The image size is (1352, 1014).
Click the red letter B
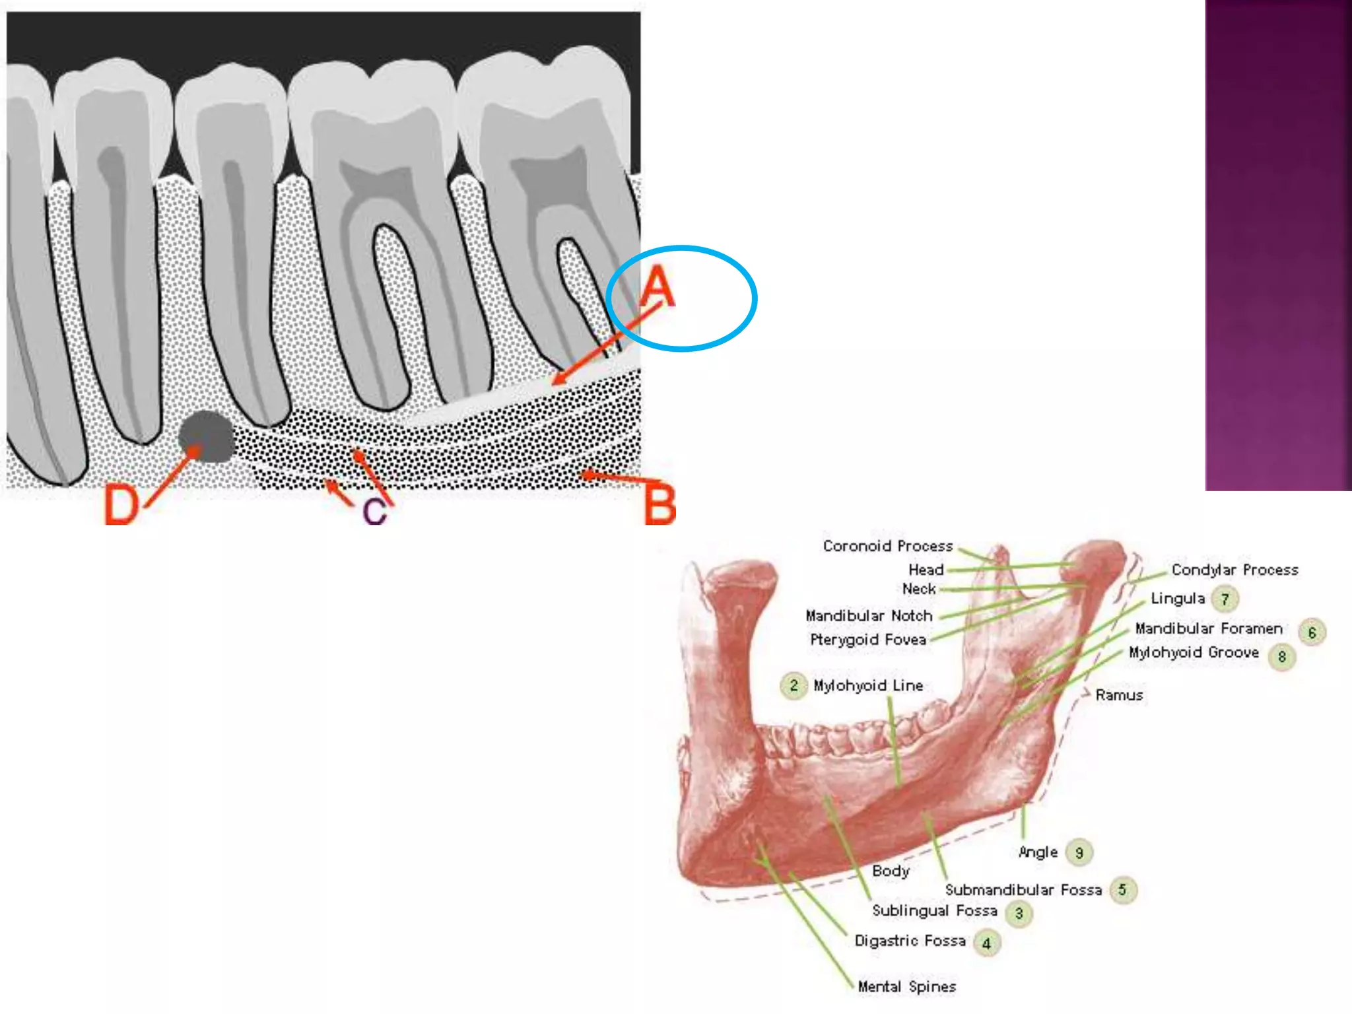tap(659, 504)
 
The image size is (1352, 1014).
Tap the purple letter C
tap(374, 511)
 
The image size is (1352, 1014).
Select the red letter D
tap(121, 504)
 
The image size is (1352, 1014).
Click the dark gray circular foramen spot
tap(206, 436)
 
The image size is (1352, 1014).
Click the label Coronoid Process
tap(887, 546)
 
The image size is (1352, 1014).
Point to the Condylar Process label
tap(1234, 570)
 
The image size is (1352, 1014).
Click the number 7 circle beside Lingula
tap(1225, 599)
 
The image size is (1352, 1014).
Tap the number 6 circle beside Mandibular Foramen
tap(1312, 632)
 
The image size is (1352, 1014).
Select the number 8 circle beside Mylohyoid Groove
tap(1281, 657)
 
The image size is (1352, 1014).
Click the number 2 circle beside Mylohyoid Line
tap(794, 686)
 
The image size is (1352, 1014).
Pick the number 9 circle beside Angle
tap(1079, 853)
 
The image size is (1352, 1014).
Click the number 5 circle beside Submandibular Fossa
tap(1122, 890)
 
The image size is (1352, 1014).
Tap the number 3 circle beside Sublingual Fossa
tap(1019, 914)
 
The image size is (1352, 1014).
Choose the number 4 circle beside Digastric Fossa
tap(986, 943)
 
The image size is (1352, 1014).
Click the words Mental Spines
tap(906, 986)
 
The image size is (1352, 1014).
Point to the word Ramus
tap(1119, 695)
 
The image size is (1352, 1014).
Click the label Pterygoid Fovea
tap(867, 640)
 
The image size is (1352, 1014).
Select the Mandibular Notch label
tap(869, 616)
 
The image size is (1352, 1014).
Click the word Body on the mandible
tap(891, 871)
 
